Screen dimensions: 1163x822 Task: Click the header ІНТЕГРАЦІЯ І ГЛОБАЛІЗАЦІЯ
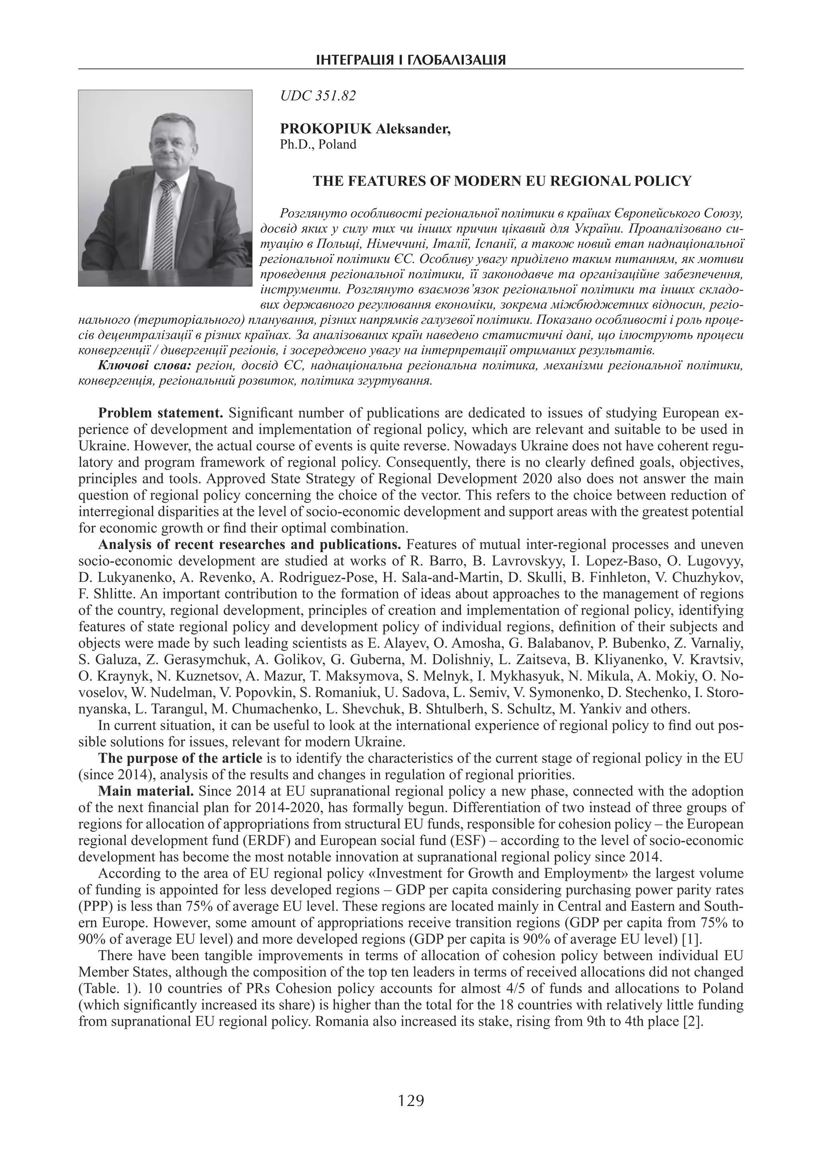[411, 61]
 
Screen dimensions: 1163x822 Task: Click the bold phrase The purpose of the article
[180, 758]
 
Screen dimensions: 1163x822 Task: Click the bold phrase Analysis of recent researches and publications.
[250, 545]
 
